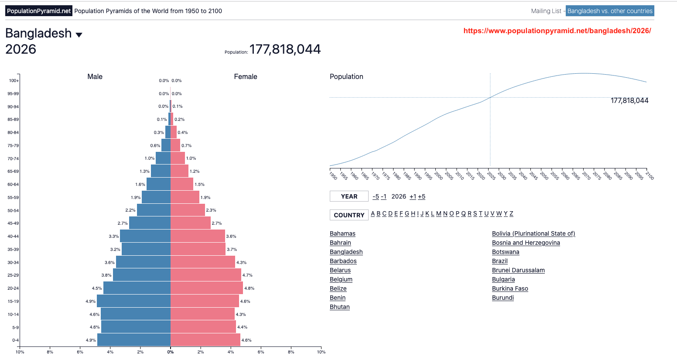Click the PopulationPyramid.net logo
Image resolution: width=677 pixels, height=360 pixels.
(39, 11)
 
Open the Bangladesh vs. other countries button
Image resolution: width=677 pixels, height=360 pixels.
(610, 11)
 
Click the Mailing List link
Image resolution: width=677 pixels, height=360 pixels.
(546, 11)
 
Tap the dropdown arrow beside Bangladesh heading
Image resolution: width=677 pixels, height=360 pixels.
(79, 35)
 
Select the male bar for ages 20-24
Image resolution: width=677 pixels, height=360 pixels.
(137, 288)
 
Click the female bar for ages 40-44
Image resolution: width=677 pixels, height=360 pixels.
(198, 236)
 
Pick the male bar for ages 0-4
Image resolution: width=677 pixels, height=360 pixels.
(134, 340)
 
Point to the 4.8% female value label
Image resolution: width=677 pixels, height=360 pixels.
(250, 288)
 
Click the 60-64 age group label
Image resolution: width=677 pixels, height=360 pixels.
(13, 185)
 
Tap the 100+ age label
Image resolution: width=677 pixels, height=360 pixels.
(14, 81)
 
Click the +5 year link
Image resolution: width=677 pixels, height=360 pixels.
(422, 196)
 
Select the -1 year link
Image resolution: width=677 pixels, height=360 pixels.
(383, 196)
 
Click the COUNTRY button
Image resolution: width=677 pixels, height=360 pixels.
(349, 215)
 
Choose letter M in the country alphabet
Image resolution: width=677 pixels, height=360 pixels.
(438, 214)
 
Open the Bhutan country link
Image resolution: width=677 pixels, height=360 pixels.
(340, 307)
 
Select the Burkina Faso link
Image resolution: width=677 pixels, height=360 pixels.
(510, 288)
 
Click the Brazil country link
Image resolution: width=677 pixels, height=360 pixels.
(500, 261)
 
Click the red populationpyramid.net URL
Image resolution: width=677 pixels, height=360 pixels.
(557, 31)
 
